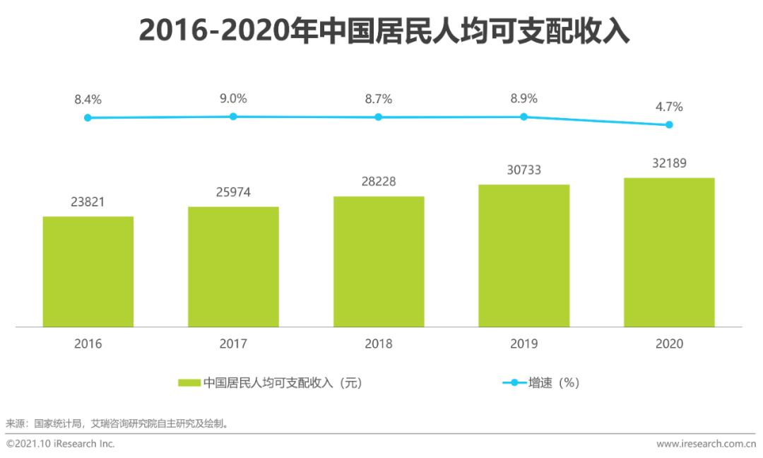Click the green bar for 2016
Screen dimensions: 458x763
click(88, 271)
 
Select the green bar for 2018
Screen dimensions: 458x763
click(379, 262)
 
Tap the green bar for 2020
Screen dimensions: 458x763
click(669, 252)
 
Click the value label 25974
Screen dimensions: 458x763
click(233, 192)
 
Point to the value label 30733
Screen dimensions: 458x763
click(524, 170)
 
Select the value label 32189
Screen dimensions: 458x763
click(669, 163)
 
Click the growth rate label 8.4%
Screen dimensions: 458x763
click(88, 100)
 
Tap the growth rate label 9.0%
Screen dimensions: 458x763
click(233, 98)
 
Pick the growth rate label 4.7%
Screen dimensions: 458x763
click(669, 107)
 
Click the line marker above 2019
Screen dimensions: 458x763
click(524, 117)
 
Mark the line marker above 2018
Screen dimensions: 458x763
click(379, 117)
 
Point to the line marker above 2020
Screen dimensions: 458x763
click(669, 125)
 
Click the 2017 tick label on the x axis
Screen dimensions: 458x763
click(233, 344)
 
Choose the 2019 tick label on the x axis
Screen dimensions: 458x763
click(524, 344)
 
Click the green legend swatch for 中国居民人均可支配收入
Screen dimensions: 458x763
click(189, 383)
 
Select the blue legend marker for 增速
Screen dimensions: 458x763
click(514, 383)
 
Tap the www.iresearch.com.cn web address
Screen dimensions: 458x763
click(705, 444)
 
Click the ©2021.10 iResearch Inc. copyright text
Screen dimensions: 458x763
click(60, 444)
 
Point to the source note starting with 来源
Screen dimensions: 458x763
click(117, 423)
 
